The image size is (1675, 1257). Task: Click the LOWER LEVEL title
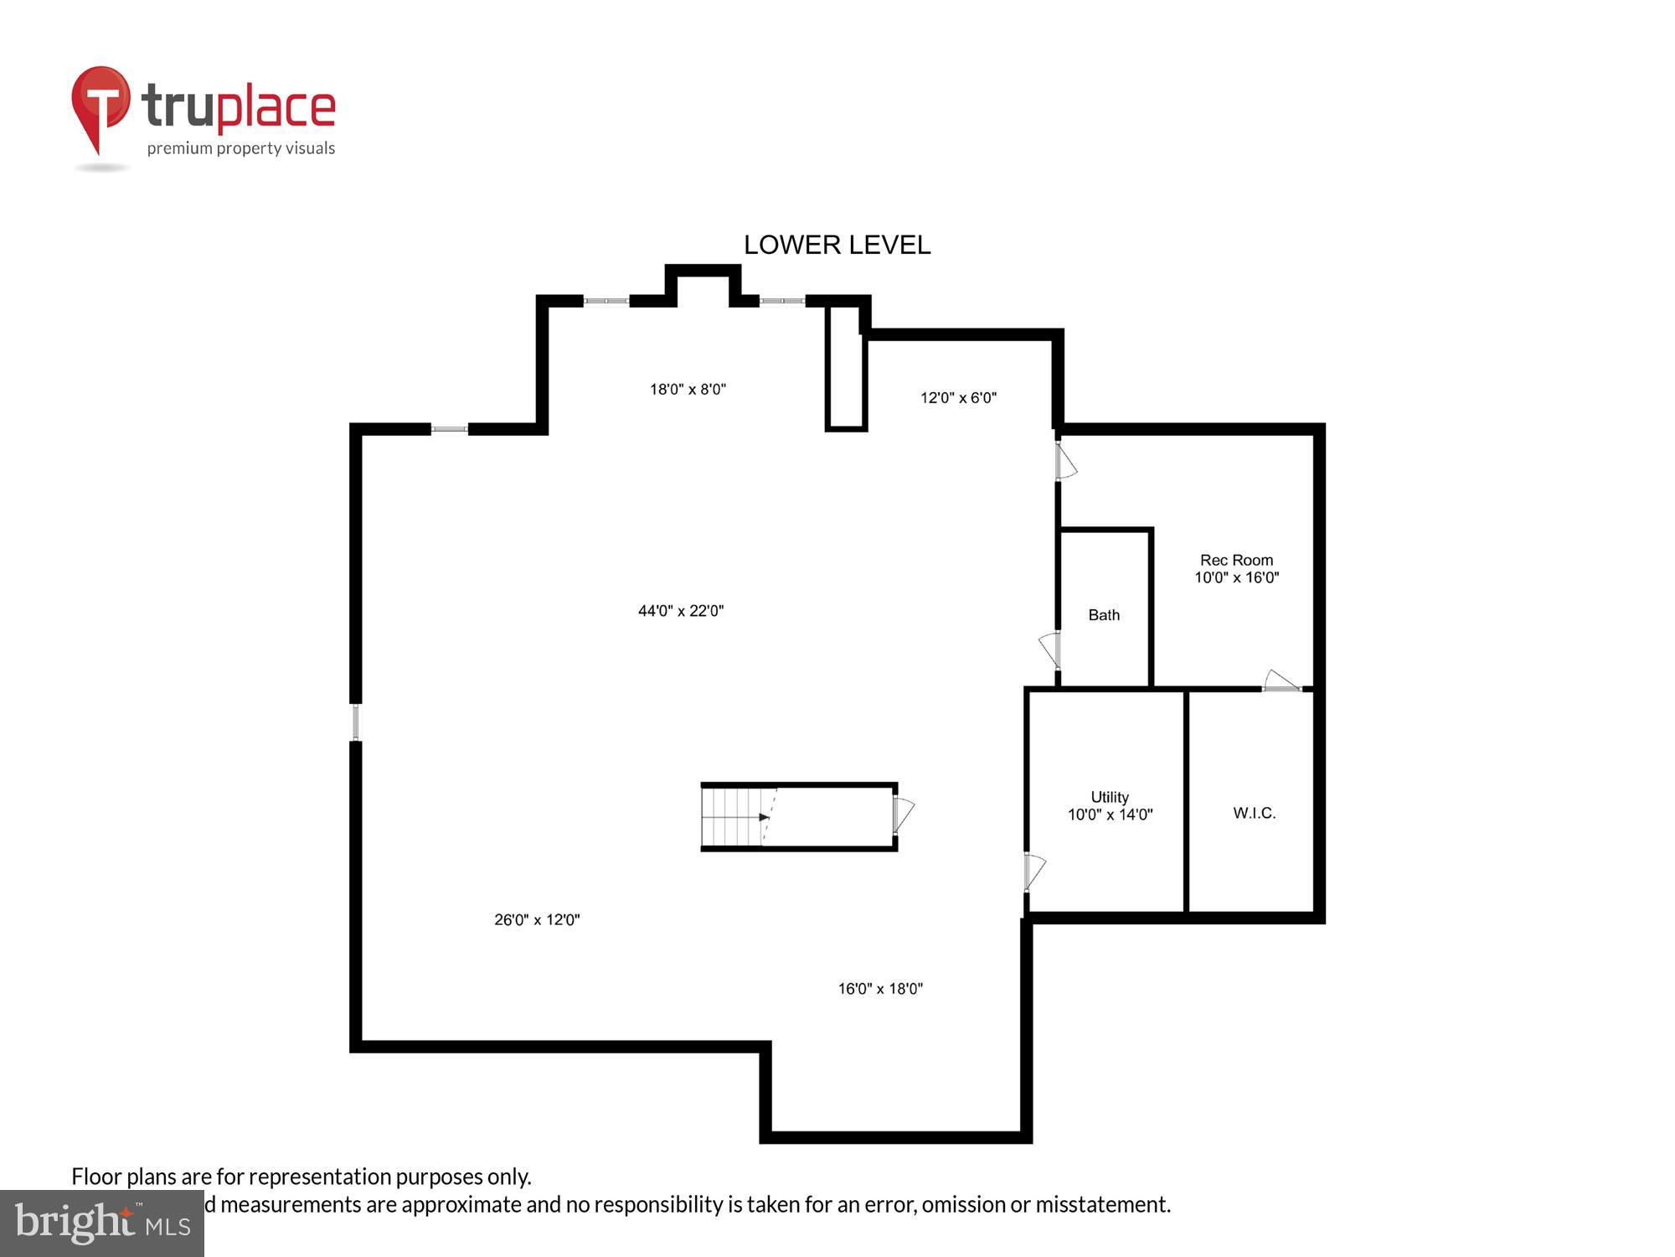837,245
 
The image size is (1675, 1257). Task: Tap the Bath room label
1103,615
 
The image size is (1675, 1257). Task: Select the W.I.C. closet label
1254,813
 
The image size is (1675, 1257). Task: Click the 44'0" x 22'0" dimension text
681,611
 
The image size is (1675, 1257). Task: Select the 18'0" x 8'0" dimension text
688,389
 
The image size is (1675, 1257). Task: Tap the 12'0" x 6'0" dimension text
958,398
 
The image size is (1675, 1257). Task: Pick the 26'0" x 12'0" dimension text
537,919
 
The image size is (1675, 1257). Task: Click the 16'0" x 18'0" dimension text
880,989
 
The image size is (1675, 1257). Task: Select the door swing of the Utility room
1034,872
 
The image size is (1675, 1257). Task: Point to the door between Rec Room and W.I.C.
1281,681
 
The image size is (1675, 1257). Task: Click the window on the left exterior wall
356,722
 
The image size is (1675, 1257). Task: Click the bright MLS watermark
102,1223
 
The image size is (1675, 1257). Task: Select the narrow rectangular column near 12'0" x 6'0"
845,369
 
